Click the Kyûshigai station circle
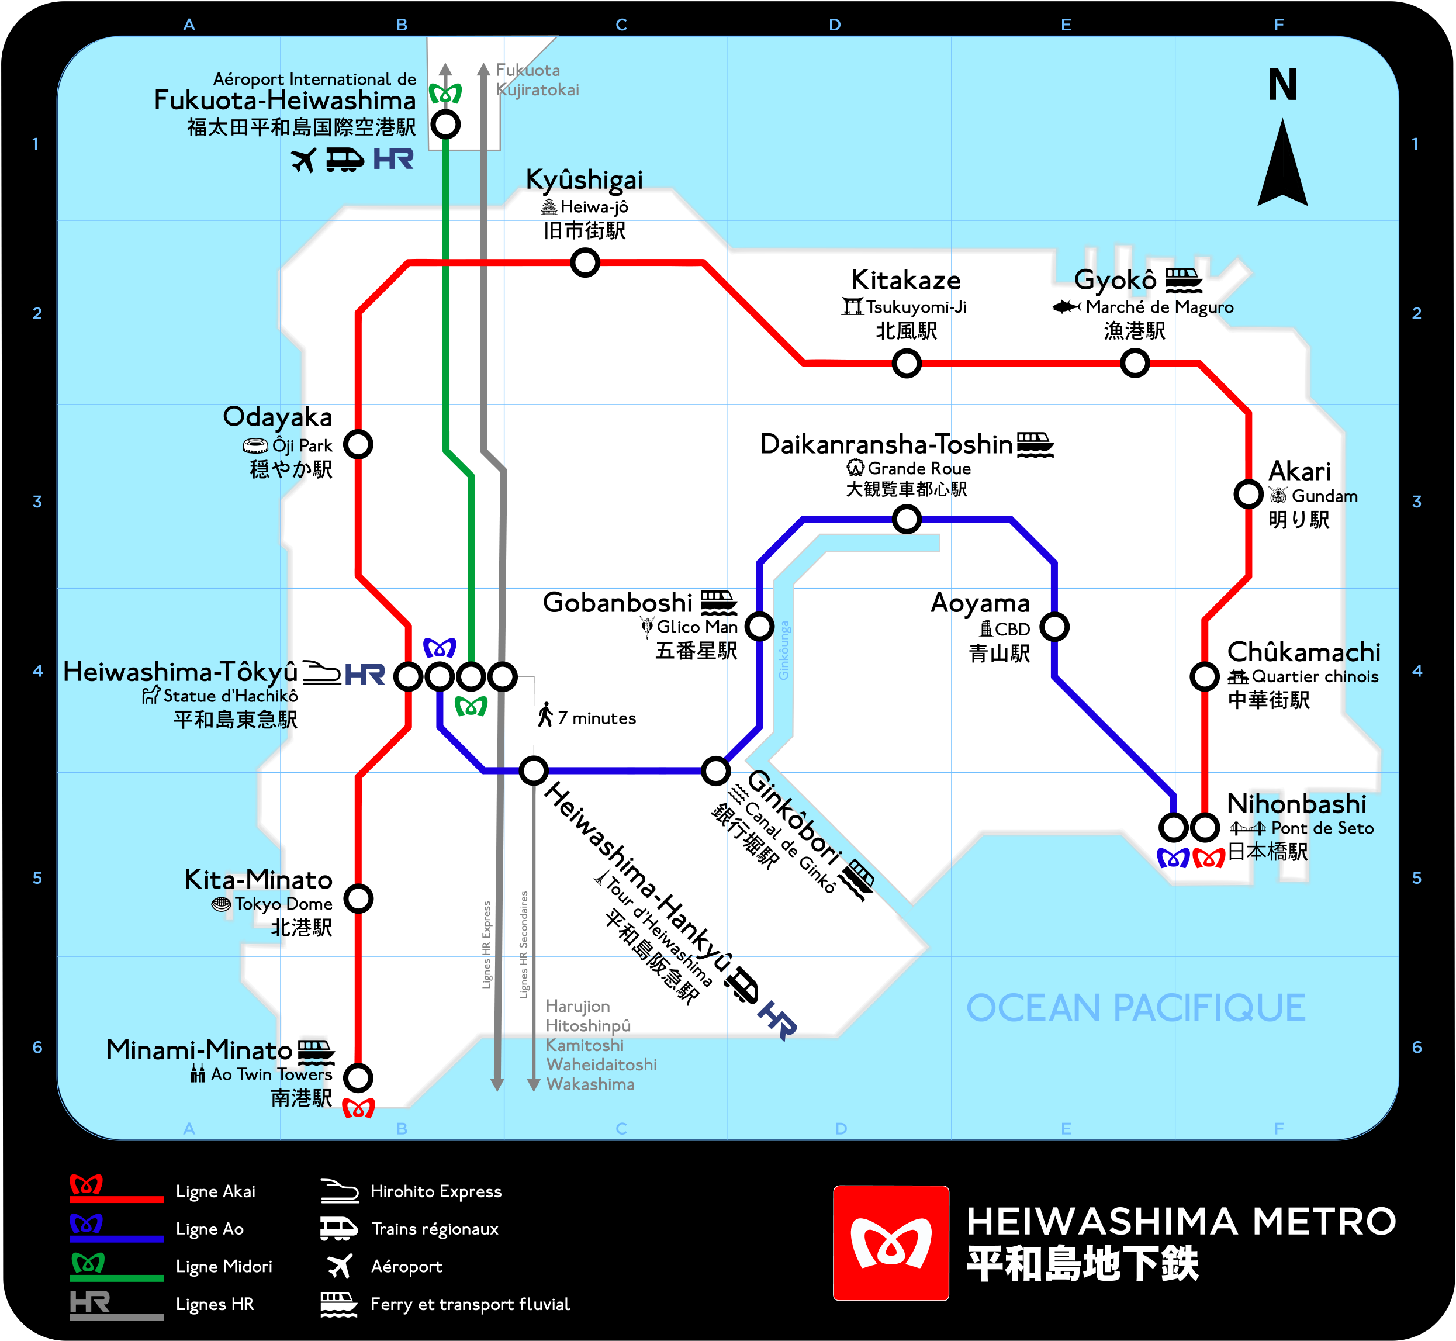pyautogui.click(x=585, y=262)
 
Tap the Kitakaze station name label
pyautogui.click(x=906, y=280)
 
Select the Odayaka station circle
pyautogui.click(x=358, y=444)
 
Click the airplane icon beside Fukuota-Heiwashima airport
pyautogui.click(x=304, y=160)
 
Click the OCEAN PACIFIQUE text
pyautogui.click(x=1135, y=1008)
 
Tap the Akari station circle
pyautogui.click(x=1248, y=494)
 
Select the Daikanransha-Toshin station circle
pyautogui.click(x=906, y=519)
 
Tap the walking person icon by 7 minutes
pyautogui.click(x=545, y=715)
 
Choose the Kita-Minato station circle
pyautogui.click(x=358, y=898)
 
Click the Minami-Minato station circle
pyautogui.click(x=358, y=1077)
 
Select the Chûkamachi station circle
pyautogui.click(x=1204, y=676)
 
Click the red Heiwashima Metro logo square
pyautogui.click(x=891, y=1243)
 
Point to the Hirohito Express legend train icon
pyautogui.click(x=340, y=1191)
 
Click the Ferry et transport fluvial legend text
pyautogui.click(x=470, y=1305)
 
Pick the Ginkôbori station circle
pyautogui.click(x=715, y=770)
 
